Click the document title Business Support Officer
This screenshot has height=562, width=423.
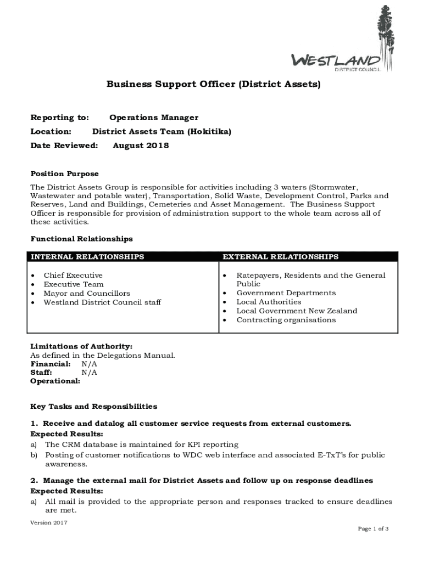(213, 85)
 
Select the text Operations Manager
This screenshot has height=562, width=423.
(154, 117)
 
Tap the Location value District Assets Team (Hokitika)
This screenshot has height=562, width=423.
(162, 132)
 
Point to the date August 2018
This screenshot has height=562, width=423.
(141, 145)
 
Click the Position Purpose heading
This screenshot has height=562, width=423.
(64, 173)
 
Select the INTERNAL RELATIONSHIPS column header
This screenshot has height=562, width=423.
(87, 256)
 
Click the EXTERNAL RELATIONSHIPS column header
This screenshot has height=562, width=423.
(280, 256)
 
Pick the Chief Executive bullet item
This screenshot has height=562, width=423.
(73, 275)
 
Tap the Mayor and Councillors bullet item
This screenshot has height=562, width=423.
(87, 293)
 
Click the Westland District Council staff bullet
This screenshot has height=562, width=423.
(102, 302)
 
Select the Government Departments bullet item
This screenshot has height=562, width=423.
(286, 293)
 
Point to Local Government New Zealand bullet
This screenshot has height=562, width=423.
(297, 311)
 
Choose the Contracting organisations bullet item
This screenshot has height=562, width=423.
(286, 319)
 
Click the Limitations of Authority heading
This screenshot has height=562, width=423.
(81, 346)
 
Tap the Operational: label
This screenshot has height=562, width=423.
(55, 380)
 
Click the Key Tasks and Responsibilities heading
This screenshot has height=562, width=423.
(93, 406)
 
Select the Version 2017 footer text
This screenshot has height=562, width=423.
(49, 522)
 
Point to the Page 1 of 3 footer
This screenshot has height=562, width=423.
(373, 529)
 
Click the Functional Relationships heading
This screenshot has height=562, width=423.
(81, 239)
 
